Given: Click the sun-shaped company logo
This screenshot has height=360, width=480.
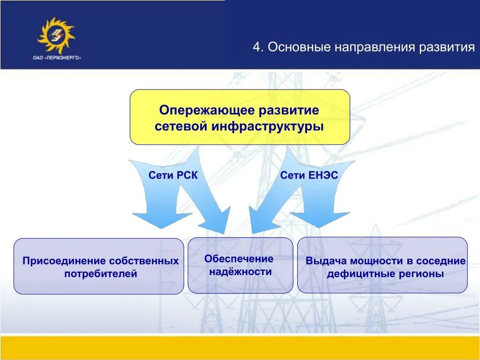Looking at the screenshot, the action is pos(56,35).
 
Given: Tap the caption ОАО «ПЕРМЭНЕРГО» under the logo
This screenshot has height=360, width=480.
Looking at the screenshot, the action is pos(57,58).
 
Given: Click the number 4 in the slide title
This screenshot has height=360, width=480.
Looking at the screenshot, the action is pos(258,47).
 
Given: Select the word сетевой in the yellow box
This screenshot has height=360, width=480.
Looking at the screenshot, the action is pos(181,127).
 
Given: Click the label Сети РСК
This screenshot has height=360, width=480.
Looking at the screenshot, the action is pos(173,175).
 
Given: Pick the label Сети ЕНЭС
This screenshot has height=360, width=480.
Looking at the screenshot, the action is pos(309,175).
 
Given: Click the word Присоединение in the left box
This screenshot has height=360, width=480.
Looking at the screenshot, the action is pos(64,261).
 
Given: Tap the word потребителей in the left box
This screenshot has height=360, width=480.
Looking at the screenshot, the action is pos(100,274).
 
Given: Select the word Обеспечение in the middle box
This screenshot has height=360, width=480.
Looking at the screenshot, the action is pos(239,259).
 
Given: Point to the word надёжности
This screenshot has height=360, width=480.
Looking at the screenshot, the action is pos(240,271).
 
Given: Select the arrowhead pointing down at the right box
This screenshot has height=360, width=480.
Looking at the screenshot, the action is pos(319,219).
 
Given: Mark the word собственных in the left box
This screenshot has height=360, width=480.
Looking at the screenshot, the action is pos(144,261).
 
